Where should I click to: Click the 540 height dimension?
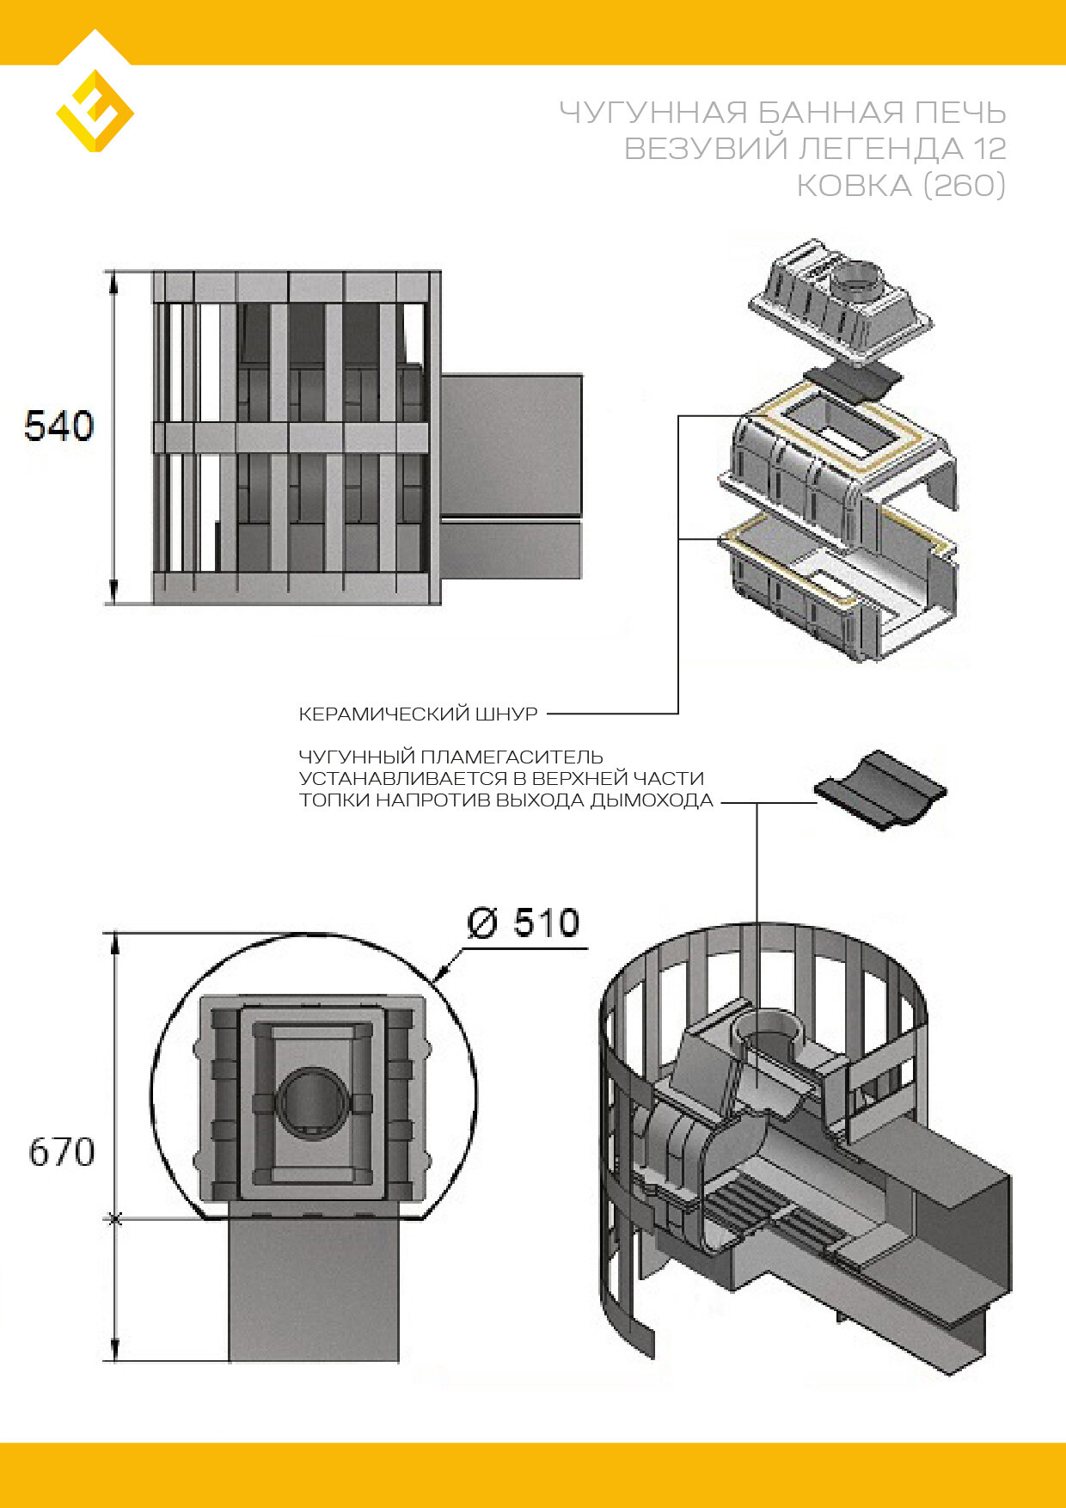click(x=58, y=426)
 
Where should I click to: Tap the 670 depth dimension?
click(x=61, y=1152)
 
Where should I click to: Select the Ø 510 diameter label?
click(x=523, y=923)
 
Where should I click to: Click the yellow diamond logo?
click(x=95, y=111)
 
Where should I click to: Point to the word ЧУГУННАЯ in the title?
click(x=652, y=113)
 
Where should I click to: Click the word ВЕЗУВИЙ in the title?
click(x=705, y=149)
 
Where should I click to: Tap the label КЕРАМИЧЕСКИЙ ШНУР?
click(x=418, y=714)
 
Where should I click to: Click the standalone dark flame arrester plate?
click(x=879, y=789)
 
